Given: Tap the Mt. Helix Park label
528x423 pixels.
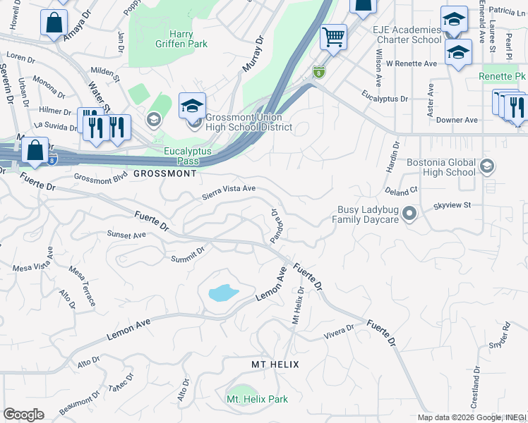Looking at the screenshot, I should (257, 399).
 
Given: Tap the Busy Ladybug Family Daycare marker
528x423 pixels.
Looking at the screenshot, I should (409, 214).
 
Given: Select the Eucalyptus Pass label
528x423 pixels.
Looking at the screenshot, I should (191, 156).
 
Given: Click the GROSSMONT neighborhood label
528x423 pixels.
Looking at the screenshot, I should (164, 173).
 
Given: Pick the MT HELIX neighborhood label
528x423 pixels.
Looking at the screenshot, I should (275, 364).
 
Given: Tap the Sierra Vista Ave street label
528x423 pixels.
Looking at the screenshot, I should (229, 190).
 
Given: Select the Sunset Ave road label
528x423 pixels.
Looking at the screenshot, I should (126, 234).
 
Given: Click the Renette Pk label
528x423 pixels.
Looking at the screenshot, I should (502, 76).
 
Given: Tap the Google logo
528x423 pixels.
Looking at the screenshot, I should (23, 415).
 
